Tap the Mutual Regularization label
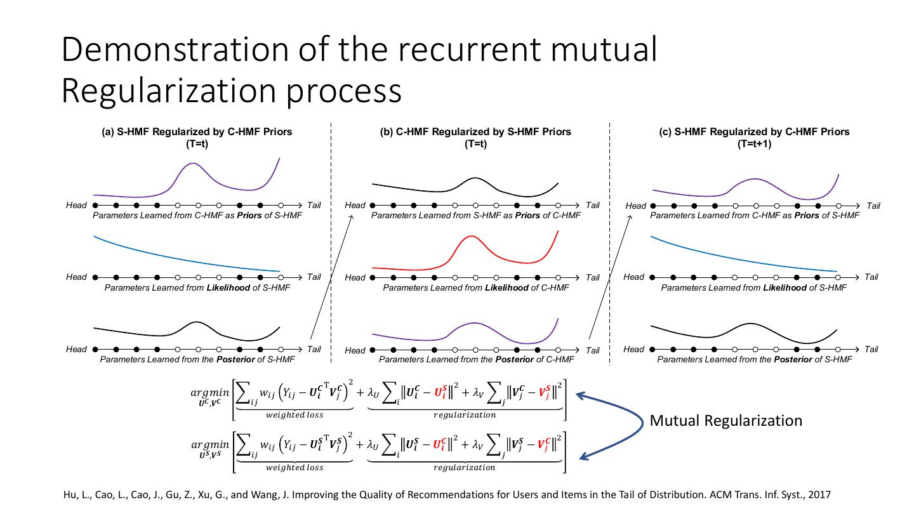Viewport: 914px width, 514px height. pos(725,421)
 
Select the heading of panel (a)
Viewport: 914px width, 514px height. pos(197,132)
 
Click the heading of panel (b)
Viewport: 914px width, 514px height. pos(475,132)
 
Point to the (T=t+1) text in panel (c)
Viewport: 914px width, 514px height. pos(754,144)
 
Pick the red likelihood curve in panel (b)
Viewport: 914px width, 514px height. pos(470,237)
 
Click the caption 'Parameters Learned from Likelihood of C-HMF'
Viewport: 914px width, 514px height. pos(475,288)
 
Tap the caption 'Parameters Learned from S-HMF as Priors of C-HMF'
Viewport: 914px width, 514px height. pos(475,216)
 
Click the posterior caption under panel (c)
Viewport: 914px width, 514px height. pos(754,360)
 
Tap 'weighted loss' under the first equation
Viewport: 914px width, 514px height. pos(294,415)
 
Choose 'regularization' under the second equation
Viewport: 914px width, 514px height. pos(464,468)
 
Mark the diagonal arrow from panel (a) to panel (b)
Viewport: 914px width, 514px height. pos(330,277)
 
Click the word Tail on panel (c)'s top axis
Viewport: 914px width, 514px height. pos(873,206)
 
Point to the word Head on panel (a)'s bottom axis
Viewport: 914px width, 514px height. pos(76,349)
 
